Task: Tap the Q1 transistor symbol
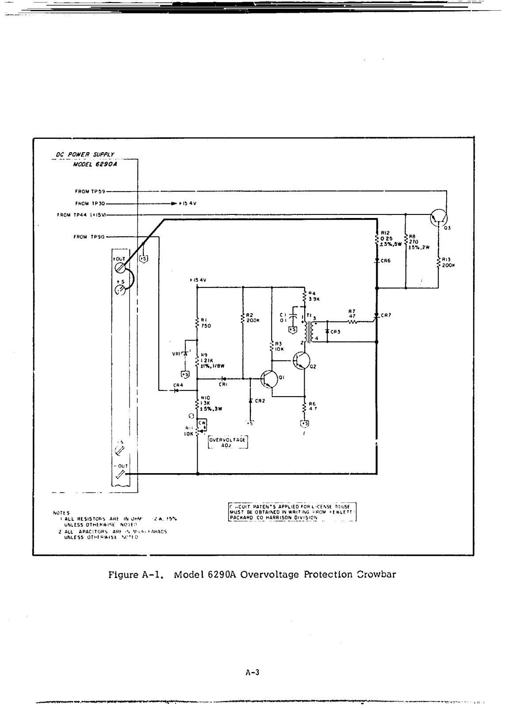click(269, 379)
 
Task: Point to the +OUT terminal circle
click(120, 268)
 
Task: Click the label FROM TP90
click(89, 237)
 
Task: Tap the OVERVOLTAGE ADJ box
click(227, 443)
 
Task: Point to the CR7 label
click(384, 315)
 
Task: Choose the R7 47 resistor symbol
click(352, 322)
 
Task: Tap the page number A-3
click(252, 673)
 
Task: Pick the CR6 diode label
click(386, 261)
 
